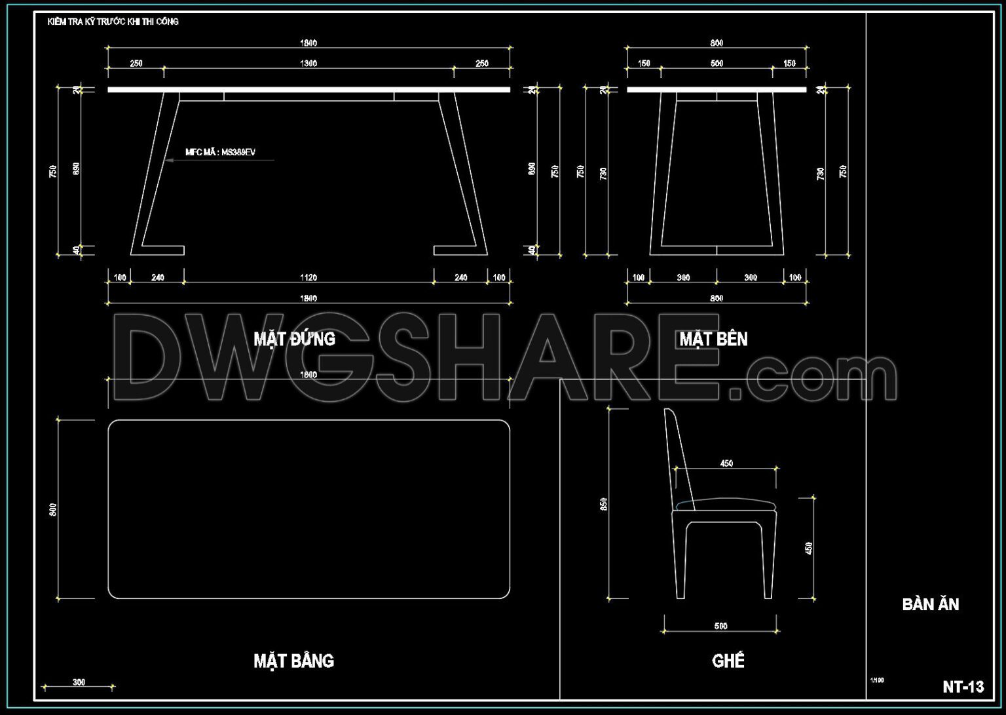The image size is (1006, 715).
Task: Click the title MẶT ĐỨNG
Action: click(294, 339)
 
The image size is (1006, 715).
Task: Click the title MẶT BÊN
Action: click(713, 339)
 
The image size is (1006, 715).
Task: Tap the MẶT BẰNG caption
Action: click(293, 661)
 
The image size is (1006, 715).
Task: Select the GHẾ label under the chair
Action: click(728, 661)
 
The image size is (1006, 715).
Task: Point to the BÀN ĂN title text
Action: click(930, 604)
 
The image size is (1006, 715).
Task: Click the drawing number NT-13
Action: click(963, 687)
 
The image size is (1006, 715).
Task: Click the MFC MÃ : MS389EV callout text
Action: click(220, 152)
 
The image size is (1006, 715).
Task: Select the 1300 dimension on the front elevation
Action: click(308, 64)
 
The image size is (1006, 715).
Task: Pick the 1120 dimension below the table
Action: click(308, 278)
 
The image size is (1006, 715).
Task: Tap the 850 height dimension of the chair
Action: click(603, 504)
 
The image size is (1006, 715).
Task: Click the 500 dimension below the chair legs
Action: click(720, 626)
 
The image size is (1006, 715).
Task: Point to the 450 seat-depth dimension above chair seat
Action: click(726, 463)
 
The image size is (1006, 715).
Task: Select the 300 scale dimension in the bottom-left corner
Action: click(79, 682)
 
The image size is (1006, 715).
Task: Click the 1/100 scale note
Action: click(876, 680)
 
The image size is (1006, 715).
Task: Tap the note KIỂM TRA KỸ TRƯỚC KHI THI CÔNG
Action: click(113, 22)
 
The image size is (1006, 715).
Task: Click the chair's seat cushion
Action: click(726, 504)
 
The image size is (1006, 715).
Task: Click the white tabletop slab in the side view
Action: click(717, 90)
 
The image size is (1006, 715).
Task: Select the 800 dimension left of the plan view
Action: click(53, 509)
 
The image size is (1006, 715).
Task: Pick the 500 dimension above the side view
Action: click(717, 64)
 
